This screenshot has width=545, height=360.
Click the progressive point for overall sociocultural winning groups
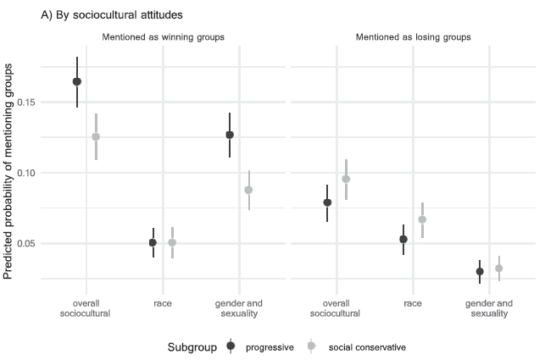click(x=77, y=81)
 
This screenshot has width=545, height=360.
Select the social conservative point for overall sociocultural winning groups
click(x=96, y=136)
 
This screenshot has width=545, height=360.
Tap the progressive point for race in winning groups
click(x=153, y=242)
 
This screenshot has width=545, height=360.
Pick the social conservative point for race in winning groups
click(x=172, y=242)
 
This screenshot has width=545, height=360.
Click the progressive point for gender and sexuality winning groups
click(x=230, y=135)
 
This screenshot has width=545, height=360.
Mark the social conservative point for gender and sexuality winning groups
click(x=248, y=190)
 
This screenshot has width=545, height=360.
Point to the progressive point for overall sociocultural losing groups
click(x=327, y=202)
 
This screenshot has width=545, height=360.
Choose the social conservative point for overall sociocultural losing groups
click(x=346, y=179)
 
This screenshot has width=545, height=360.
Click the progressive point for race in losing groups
click(x=403, y=239)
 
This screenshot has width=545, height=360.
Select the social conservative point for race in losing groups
click(x=422, y=219)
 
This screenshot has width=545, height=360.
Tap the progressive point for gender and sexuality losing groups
click(x=480, y=271)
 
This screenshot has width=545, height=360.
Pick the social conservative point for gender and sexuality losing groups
click(x=498, y=269)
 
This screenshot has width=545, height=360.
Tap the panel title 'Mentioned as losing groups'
click(x=413, y=36)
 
